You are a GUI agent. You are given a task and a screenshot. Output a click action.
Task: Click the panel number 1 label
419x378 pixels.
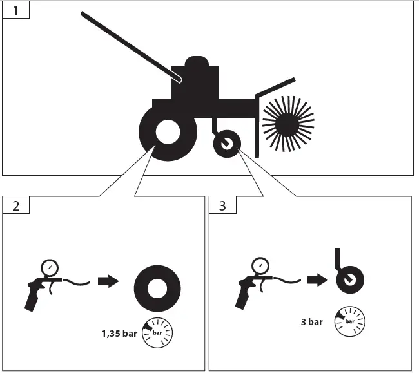[x=15, y=11]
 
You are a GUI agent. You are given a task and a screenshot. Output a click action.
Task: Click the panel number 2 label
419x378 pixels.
[x=15, y=205]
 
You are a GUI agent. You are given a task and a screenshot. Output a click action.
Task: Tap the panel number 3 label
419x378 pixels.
[x=222, y=205]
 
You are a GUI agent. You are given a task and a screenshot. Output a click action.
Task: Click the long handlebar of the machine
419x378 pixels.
[x=129, y=45]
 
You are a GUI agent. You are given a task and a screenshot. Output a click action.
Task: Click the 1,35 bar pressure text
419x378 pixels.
[x=119, y=334]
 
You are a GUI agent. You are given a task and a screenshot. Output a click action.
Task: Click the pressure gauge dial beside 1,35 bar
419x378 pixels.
[x=157, y=333]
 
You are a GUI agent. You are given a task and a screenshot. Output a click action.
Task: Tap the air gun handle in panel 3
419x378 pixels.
[x=244, y=298]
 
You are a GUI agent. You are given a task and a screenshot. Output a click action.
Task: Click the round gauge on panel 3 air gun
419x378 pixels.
[x=260, y=265]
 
